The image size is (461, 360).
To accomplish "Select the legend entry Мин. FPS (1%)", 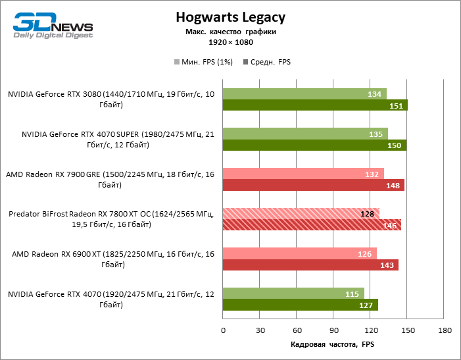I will tap(202, 63).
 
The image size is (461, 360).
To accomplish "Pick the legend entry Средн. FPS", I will tap(267, 63).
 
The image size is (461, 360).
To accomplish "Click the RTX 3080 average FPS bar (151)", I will tap(315, 105).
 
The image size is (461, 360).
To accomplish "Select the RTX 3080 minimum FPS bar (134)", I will tap(304, 94).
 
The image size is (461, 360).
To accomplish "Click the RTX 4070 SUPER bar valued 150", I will tap(314, 145).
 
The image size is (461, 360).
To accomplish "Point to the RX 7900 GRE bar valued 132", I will tap(303, 174).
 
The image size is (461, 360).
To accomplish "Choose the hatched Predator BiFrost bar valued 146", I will tap(312, 225).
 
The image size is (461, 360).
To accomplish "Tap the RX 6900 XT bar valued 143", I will tap(310, 265).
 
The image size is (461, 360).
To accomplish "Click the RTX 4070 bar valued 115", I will tap(293, 293).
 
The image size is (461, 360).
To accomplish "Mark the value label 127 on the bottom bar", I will tap(367, 305).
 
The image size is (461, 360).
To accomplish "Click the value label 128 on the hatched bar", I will tap(368, 213).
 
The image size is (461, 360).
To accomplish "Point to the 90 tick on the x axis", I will tap(333, 330).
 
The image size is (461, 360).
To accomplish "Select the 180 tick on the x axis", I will tap(445, 330).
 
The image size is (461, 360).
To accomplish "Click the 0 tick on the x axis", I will tap(223, 330).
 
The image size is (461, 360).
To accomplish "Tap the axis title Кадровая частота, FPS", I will tap(332, 344).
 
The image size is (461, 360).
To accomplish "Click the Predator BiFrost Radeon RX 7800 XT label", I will tap(111, 219).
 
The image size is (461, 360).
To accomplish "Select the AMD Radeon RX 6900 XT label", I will tap(111, 259).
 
